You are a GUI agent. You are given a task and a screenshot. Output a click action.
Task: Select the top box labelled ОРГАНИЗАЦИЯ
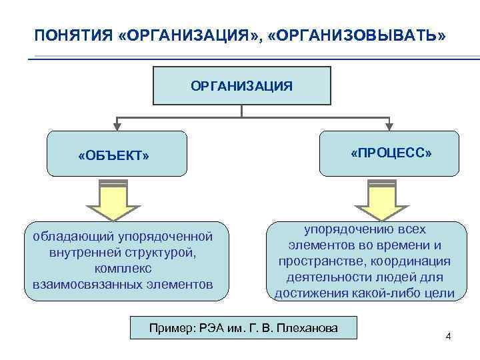(241, 85)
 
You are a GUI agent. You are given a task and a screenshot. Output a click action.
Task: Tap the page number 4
(448, 335)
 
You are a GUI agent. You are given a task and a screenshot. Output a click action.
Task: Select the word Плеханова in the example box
(311, 327)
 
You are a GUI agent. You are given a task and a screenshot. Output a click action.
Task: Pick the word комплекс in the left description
(123, 268)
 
